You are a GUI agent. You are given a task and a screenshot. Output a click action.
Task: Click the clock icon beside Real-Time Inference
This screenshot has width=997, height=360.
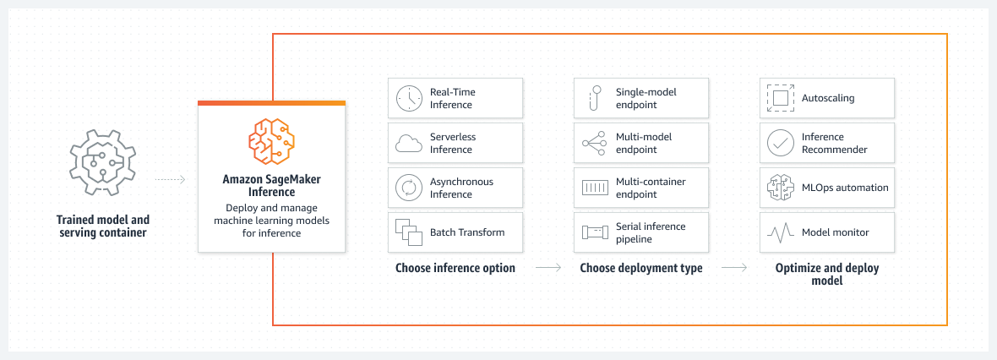click(x=409, y=98)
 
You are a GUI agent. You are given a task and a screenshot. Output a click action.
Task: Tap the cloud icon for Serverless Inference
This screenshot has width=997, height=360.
click(x=409, y=144)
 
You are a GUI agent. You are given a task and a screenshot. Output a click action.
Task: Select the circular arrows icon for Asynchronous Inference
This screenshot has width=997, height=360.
click(x=409, y=188)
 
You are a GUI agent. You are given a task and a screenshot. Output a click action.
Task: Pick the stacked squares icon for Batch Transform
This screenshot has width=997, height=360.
click(x=409, y=232)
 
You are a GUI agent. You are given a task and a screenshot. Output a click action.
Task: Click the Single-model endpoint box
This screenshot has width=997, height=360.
click(x=641, y=98)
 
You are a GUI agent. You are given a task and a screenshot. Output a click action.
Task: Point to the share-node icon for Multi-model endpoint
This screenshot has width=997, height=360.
click(x=595, y=143)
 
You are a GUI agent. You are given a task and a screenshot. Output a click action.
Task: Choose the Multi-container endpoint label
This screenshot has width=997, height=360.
click(x=646, y=188)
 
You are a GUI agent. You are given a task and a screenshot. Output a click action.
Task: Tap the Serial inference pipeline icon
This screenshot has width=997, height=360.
click(x=595, y=232)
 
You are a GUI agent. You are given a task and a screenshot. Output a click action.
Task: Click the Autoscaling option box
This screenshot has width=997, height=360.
click(x=827, y=98)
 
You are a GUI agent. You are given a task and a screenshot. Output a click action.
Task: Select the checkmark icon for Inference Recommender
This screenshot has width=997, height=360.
click(x=779, y=143)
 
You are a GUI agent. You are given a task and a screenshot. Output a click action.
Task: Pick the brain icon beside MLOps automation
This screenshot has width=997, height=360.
click(x=779, y=188)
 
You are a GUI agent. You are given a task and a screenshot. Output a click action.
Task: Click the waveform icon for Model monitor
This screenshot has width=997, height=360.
click(x=779, y=232)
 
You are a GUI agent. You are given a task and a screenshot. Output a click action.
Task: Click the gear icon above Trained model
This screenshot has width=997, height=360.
click(x=101, y=163)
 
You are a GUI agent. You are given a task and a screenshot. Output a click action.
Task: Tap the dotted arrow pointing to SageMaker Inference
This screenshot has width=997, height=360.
click(x=170, y=180)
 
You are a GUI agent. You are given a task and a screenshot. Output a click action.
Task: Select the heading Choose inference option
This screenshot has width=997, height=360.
click(x=455, y=268)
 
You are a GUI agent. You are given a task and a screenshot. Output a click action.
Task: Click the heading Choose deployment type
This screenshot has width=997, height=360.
click(x=641, y=268)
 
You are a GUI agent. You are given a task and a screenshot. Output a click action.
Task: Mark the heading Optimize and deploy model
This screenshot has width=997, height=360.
click(x=827, y=274)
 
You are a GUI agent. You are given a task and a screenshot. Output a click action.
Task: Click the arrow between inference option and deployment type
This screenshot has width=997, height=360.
click(x=548, y=269)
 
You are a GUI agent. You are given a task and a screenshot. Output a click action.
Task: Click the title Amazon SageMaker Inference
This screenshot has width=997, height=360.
click(x=271, y=186)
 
